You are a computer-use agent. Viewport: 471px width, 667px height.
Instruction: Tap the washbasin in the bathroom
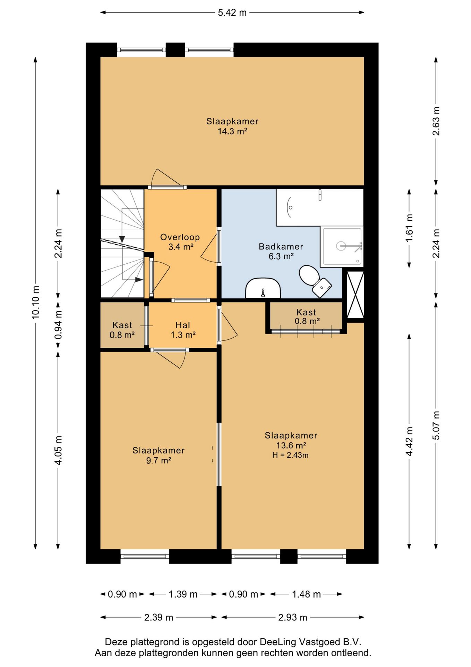pyautogui.click(x=263, y=288)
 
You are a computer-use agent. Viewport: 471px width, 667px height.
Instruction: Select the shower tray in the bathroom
pyautogui.click(x=342, y=247)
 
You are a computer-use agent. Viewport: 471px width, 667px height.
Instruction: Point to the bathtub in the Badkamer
pyautogui.click(x=320, y=207)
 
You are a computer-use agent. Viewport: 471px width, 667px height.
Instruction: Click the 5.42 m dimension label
pyautogui.click(x=232, y=13)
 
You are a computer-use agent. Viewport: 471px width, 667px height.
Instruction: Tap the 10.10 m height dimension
pyautogui.click(x=35, y=302)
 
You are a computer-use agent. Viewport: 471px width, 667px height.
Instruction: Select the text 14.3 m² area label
pyautogui.click(x=232, y=131)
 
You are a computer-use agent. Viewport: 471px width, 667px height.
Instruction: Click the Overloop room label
pyautogui.click(x=180, y=237)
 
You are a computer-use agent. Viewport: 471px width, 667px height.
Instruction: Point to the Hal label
pyautogui.click(x=183, y=325)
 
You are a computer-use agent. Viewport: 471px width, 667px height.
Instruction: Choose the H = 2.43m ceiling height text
pyautogui.click(x=290, y=455)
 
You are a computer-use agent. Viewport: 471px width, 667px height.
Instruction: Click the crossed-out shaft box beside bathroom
pyautogui.click(x=356, y=295)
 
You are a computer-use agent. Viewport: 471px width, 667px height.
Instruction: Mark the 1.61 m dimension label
pyautogui.click(x=409, y=228)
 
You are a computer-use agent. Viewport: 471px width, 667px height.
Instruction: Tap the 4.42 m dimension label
pyautogui.click(x=409, y=442)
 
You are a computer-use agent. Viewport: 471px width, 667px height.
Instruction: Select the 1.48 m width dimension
pyautogui.click(x=306, y=594)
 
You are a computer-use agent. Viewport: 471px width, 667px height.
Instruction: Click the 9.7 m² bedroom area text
pyautogui.click(x=159, y=460)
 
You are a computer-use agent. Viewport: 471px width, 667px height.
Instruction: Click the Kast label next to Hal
pyautogui.click(x=122, y=325)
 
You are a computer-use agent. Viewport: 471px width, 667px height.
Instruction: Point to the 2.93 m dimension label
pyautogui.click(x=293, y=617)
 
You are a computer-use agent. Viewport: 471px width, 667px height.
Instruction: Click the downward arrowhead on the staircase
pyautogui.click(x=122, y=239)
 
